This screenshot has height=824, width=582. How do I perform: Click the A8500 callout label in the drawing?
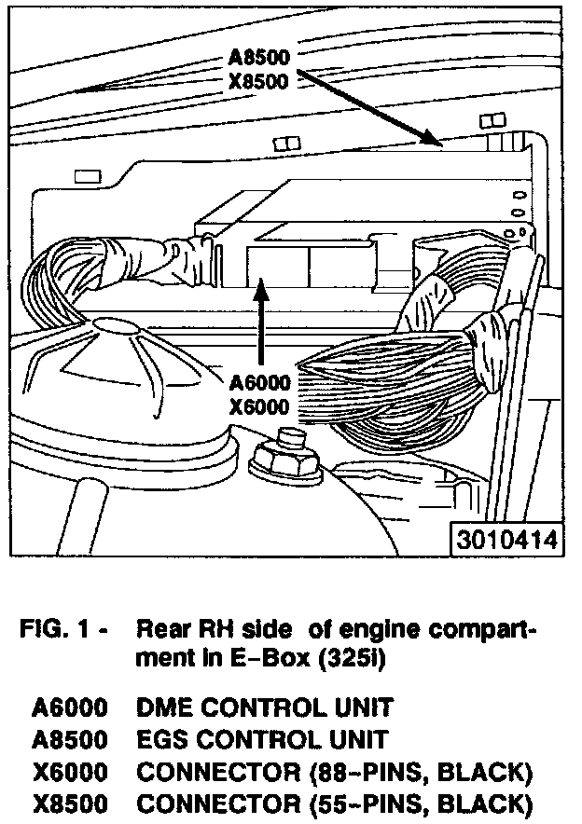point(259,58)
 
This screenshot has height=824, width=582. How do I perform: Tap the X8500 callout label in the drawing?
point(259,80)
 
